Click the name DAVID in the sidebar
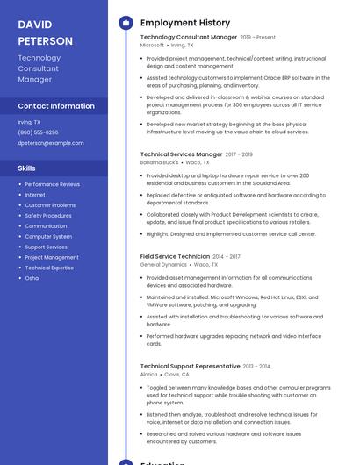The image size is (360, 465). point(35,25)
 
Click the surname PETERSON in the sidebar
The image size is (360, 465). point(46,41)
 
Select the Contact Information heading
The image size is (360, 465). point(56,106)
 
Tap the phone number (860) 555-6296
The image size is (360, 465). point(39,132)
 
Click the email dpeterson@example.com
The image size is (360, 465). point(51,143)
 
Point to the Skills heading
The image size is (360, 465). point(27,168)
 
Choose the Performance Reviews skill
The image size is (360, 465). point(52,184)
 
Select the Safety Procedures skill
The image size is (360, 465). point(48,216)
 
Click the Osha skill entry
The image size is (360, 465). point(32,278)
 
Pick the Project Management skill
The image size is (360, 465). point(52,257)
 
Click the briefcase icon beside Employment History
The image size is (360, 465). point(126,23)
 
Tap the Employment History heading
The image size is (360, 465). point(185,23)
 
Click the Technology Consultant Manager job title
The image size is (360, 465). point(189,38)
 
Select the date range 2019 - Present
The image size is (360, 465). point(257,38)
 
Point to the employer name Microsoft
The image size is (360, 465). point(152,46)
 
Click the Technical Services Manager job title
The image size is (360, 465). point(182,154)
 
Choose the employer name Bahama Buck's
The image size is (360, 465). point(159,162)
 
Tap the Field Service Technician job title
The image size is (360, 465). point(175,256)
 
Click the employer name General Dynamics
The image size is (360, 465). point(163,264)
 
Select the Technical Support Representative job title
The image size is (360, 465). point(191,366)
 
